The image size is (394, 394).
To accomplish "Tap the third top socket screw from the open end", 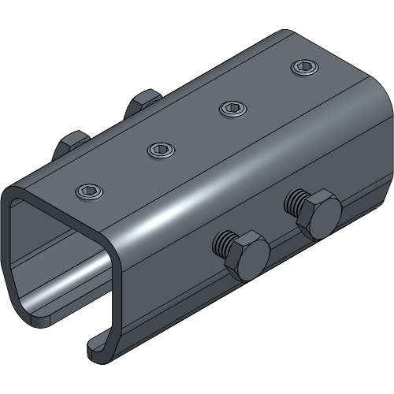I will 232,107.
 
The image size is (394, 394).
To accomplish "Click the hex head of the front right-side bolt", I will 245,255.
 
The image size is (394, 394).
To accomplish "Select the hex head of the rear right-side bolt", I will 318,214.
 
